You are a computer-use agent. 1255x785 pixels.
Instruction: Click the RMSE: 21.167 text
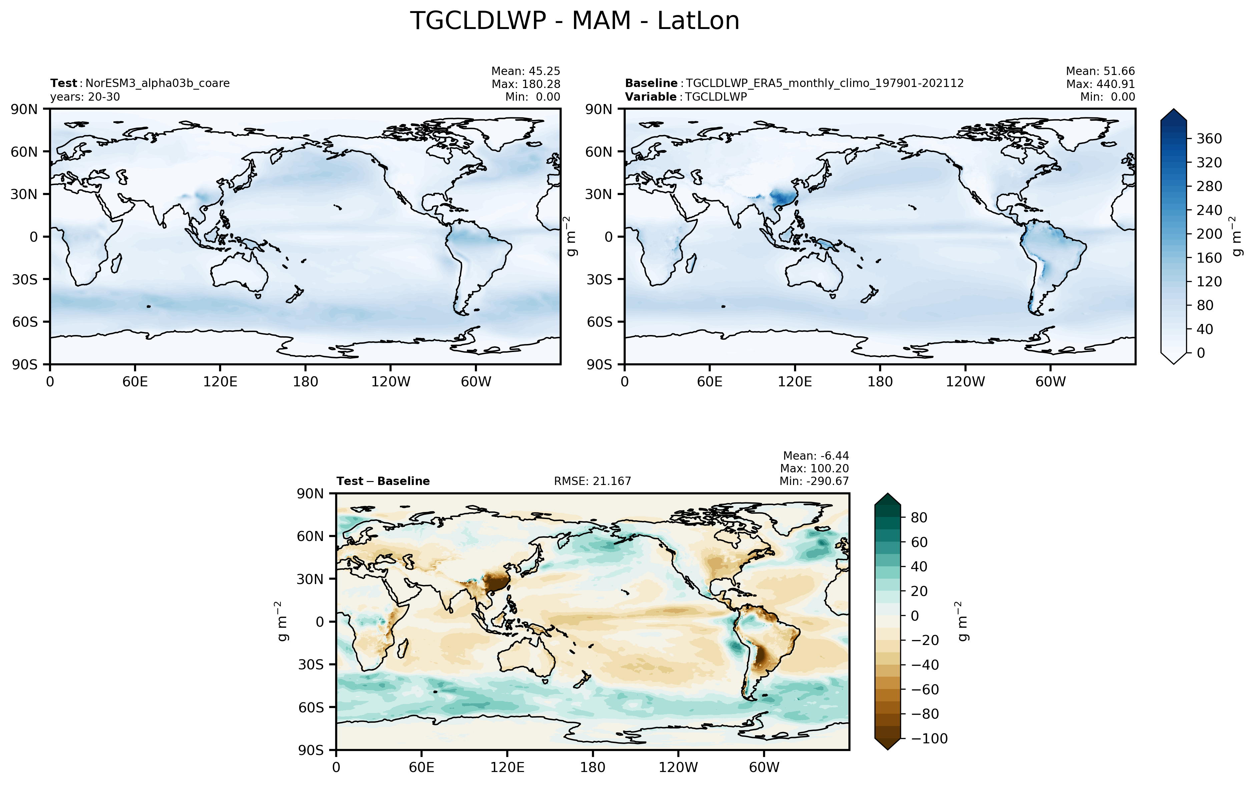[x=593, y=481]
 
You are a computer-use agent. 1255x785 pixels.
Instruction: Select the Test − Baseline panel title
[x=383, y=481]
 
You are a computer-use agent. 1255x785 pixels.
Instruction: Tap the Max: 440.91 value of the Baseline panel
[x=1101, y=84]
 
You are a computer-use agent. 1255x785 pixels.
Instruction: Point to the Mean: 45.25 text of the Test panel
[x=526, y=71]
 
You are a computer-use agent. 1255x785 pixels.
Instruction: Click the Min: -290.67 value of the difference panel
[x=814, y=481]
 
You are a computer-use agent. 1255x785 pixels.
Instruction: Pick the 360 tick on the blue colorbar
[x=1209, y=139]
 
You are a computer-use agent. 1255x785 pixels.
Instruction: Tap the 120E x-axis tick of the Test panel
[x=220, y=382]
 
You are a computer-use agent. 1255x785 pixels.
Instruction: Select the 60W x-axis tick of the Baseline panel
[x=1050, y=382]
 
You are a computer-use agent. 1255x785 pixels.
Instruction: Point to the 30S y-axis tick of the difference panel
[x=310, y=665]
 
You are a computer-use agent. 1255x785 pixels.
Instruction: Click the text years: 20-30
[x=85, y=97]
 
